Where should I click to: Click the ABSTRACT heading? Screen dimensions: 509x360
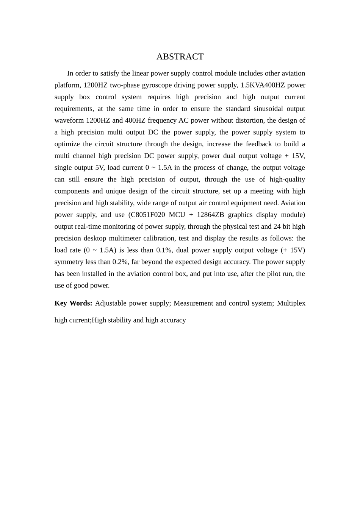[x=180, y=57]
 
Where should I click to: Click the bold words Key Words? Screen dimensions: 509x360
[x=73, y=303]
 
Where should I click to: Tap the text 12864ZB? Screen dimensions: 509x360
[x=210, y=215]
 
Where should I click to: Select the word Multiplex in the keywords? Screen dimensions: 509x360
[x=291, y=303]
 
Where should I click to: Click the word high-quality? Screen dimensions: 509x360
[x=287, y=179]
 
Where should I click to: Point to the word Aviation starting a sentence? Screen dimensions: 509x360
[x=293, y=203]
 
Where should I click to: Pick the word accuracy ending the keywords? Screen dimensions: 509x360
[x=173, y=320]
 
